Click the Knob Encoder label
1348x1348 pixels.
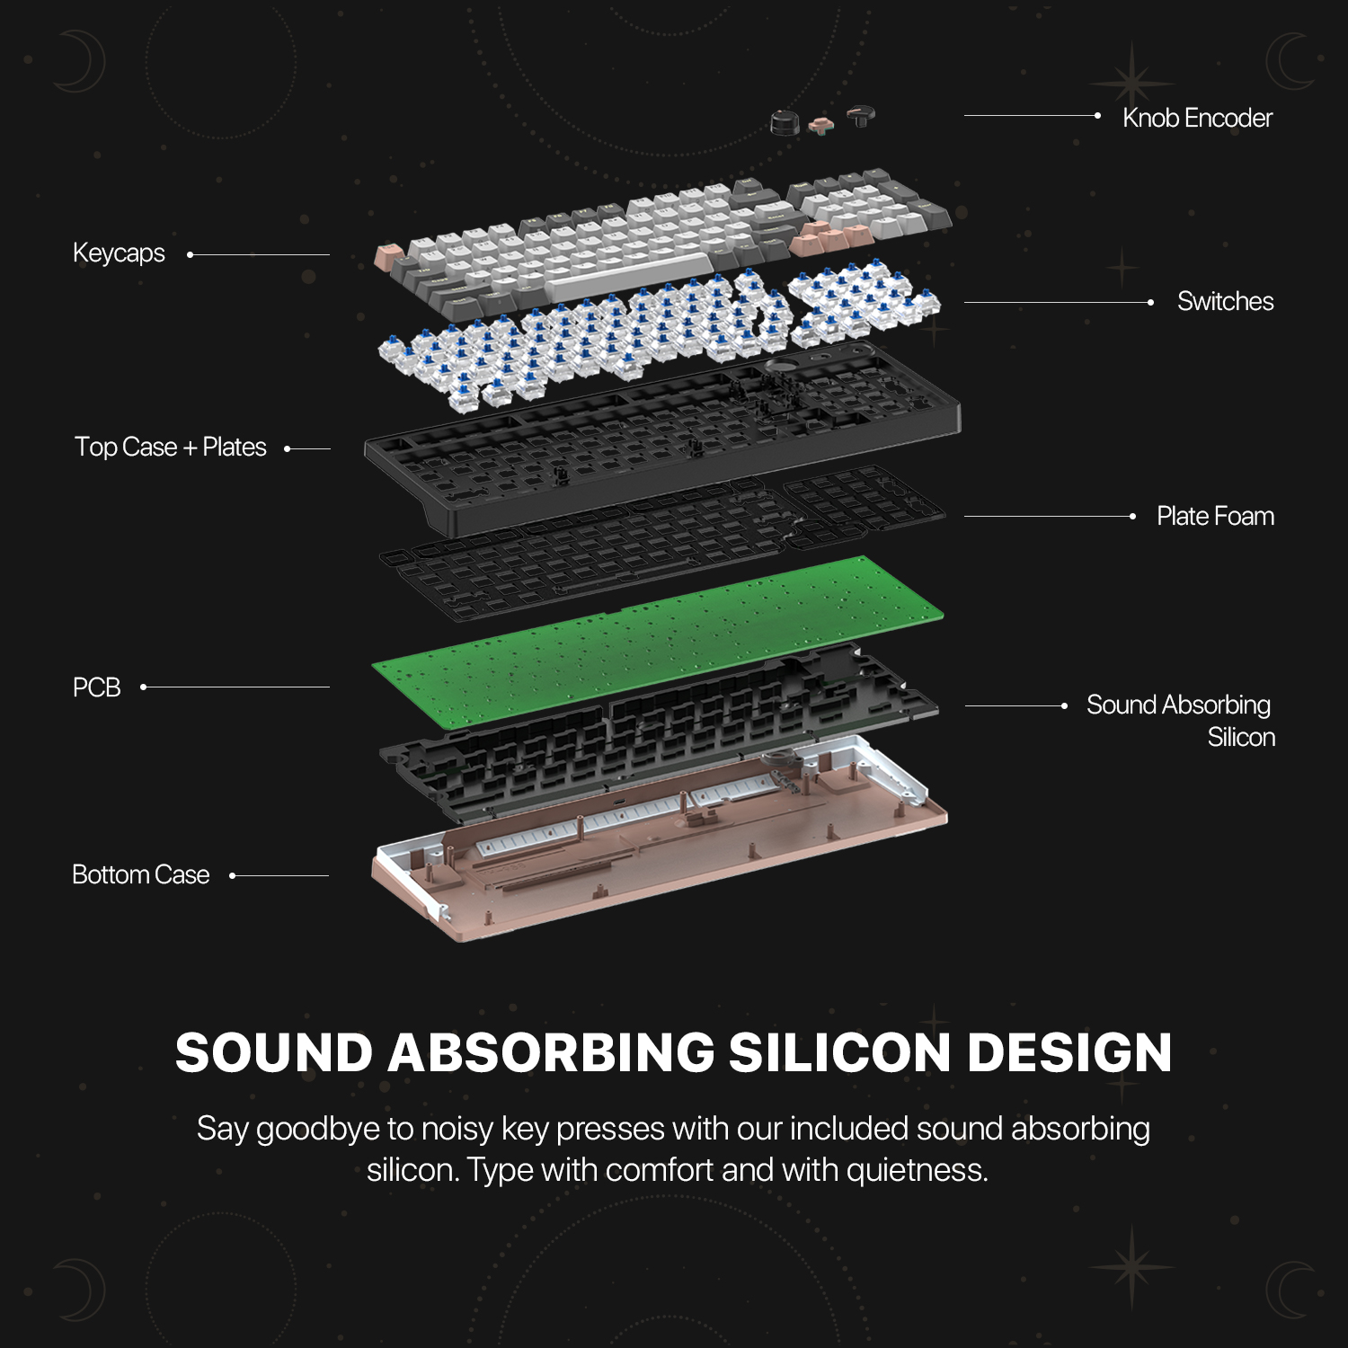[1197, 118]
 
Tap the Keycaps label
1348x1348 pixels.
[119, 253]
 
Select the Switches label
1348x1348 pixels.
[1225, 301]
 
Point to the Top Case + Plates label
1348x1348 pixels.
[171, 447]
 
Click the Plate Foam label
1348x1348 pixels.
[1215, 516]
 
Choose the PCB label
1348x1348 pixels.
[96, 687]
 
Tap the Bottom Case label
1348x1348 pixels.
[140, 874]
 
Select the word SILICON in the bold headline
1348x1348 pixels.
[839, 1052]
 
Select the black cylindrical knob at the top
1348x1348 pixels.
[785, 122]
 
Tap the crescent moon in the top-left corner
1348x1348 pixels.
[81, 61]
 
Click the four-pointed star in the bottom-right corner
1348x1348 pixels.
[1131, 1266]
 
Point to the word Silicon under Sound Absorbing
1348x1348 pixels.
[1241, 738]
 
